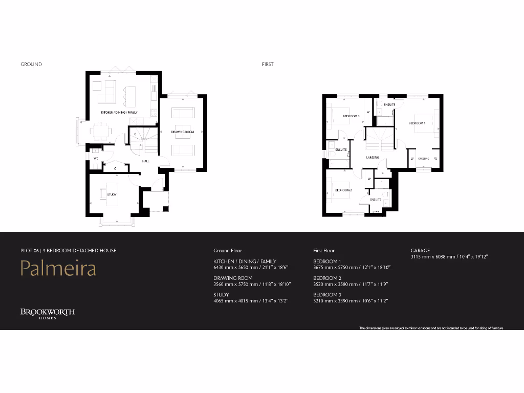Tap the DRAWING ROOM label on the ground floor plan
pyautogui.click(x=183, y=132)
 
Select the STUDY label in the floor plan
pyautogui.click(x=112, y=194)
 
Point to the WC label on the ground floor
pyautogui.click(x=96, y=159)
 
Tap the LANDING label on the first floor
pyautogui.click(x=372, y=157)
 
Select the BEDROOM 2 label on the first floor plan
pyautogui.click(x=343, y=190)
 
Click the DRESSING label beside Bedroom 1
pyautogui.click(x=423, y=159)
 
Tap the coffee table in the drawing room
pyautogui.click(x=183, y=128)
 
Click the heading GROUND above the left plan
pyautogui.click(x=31, y=64)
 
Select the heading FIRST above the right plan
pyautogui.click(x=268, y=64)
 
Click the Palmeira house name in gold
pyautogui.click(x=58, y=268)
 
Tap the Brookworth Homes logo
pyautogui.click(x=48, y=313)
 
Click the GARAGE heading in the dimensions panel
pyautogui.click(x=420, y=251)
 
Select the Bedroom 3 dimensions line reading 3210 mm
pyautogui.click(x=350, y=301)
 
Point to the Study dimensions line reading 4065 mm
pyautogui.click(x=250, y=301)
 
